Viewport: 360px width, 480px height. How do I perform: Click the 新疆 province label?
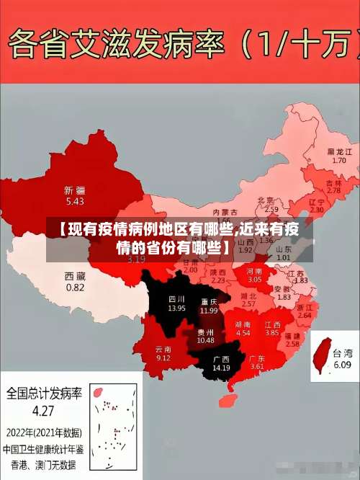(x=75, y=191)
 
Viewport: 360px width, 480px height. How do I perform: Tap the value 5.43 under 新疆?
(x=75, y=201)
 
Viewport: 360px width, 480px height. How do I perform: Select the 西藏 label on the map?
(x=75, y=276)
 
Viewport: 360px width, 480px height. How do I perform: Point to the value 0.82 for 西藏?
(x=75, y=287)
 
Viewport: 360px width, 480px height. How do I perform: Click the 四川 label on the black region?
(x=176, y=298)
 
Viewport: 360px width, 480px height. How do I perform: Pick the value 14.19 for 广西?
(x=221, y=368)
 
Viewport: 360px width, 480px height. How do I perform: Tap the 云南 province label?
(x=163, y=349)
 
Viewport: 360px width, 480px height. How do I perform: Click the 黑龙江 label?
(x=340, y=152)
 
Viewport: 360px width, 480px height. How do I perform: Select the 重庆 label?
(x=210, y=301)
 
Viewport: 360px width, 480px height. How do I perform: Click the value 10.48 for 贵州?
(x=205, y=340)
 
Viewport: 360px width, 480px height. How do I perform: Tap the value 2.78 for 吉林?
(x=333, y=190)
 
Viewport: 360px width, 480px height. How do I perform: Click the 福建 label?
(x=292, y=336)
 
